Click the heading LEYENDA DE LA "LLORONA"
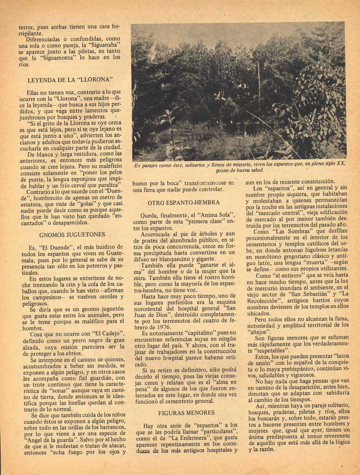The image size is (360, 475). (71, 80)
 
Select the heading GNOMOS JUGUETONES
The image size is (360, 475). (72, 235)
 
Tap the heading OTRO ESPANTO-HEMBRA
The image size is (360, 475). (184, 203)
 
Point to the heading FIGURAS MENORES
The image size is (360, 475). (186, 412)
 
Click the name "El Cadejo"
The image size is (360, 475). (108, 333)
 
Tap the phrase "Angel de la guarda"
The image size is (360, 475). (44, 440)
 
